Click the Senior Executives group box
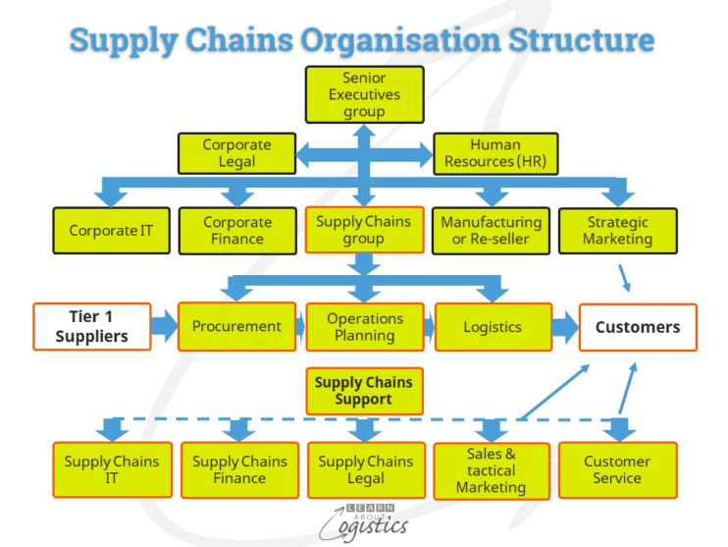click(x=364, y=94)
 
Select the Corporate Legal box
click(x=236, y=153)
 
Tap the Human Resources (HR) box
click(x=494, y=153)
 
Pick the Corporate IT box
click(x=111, y=231)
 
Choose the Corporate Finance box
click(x=237, y=231)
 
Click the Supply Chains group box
click(x=364, y=230)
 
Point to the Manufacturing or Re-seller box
click(x=491, y=231)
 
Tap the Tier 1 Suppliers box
click(x=92, y=327)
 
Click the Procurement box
click(x=236, y=327)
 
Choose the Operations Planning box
click(x=365, y=327)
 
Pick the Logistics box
click(x=492, y=327)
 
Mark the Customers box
click(x=638, y=327)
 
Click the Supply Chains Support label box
click(x=364, y=391)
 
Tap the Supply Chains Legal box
click(x=365, y=469)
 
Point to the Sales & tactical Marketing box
click(x=491, y=469)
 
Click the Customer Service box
click(x=617, y=469)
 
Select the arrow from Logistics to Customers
click(x=564, y=327)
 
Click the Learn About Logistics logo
click(x=364, y=520)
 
